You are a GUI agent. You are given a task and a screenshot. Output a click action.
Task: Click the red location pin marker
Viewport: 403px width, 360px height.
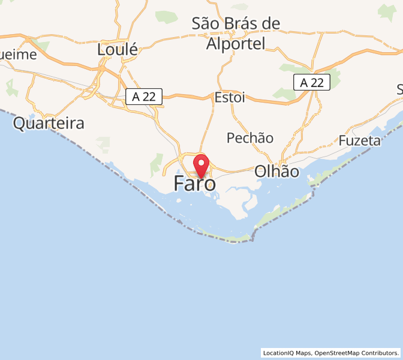click(x=201, y=164)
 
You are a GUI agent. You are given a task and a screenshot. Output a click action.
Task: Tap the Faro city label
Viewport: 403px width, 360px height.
click(x=195, y=184)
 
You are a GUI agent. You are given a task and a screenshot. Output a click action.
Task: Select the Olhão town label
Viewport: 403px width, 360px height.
click(x=276, y=171)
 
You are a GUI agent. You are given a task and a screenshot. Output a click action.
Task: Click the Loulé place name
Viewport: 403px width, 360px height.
click(x=118, y=49)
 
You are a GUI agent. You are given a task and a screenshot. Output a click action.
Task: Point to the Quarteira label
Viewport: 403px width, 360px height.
click(x=49, y=124)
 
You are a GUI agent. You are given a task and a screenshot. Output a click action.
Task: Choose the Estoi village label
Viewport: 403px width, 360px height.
click(x=230, y=97)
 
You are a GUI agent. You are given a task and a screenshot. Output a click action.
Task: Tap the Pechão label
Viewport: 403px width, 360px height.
click(x=250, y=138)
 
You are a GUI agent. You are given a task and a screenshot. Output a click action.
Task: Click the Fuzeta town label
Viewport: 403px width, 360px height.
click(x=360, y=140)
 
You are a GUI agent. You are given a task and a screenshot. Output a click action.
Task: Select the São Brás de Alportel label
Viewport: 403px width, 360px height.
click(x=236, y=33)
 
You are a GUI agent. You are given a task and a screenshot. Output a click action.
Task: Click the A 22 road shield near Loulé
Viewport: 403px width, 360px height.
click(x=144, y=96)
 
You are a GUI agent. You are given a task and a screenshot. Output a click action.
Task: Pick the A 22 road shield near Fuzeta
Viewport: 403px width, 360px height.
click(x=312, y=83)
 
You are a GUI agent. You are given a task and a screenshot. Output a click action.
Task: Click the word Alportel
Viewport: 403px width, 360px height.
click(x=236, y=43)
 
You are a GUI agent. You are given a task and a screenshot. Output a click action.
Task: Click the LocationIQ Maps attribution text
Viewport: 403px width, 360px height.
click(x=287, y=353)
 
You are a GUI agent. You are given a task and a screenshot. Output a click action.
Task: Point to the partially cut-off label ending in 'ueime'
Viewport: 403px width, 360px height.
click(x=18, y=55)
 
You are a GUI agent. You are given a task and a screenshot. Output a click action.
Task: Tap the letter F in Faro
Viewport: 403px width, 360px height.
click(x=179, y=184)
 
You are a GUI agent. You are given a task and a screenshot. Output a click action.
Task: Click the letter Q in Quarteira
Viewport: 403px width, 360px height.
click(x=20, y=124)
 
